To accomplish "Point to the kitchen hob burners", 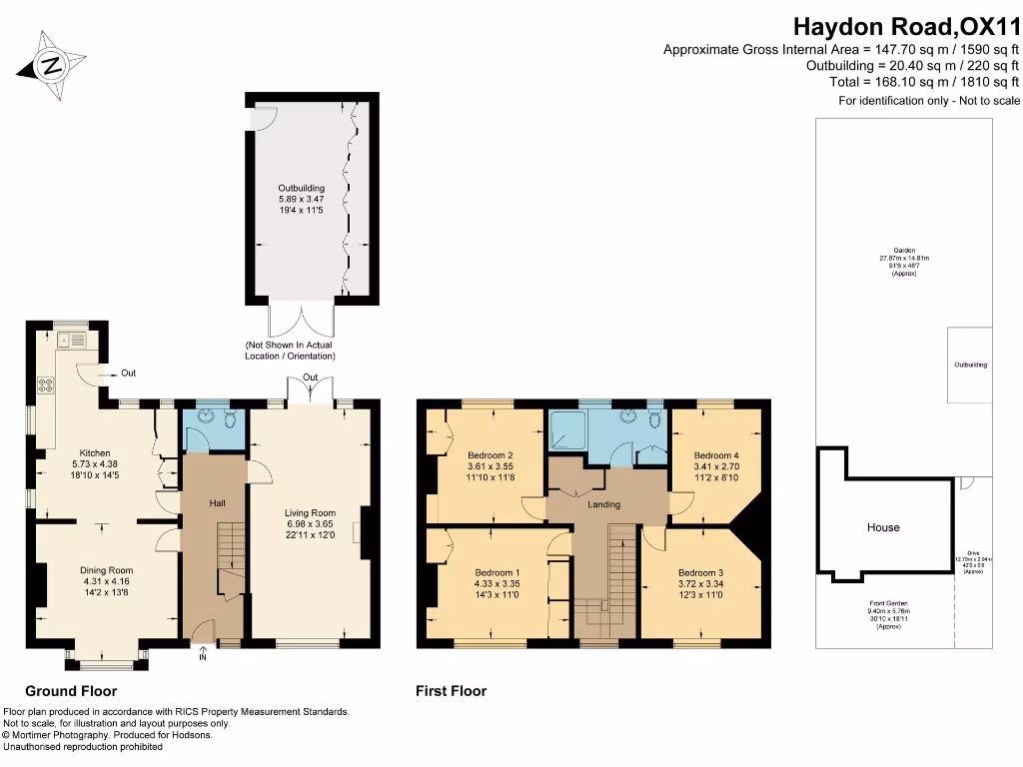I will pos(46,382).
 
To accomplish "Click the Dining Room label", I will pos(106,570).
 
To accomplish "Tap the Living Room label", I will pos(310,513).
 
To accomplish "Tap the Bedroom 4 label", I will pos(716,454).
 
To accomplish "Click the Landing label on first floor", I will pos(604,504).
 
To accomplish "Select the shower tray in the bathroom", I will pos(566,431).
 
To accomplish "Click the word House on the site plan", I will pos(883,527).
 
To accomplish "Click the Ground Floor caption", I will pos(71,691).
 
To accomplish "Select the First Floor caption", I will pos(451,691).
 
